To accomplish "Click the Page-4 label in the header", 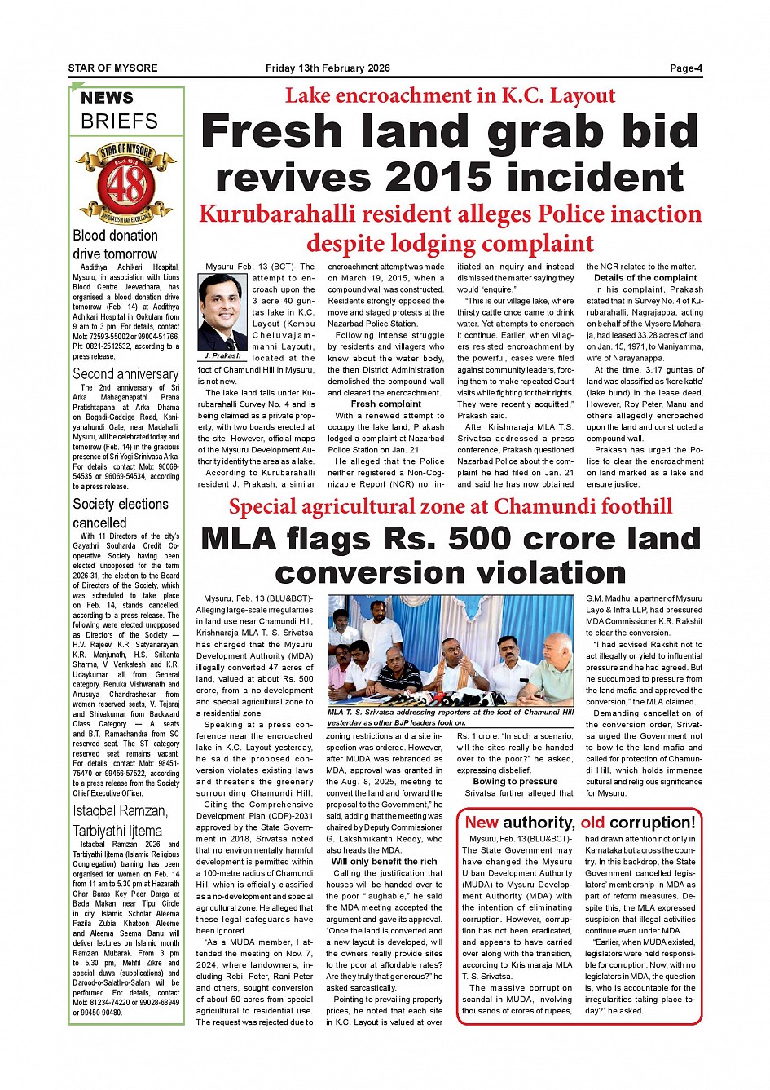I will click(685, 68).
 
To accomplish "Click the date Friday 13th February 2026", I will click(328, 68).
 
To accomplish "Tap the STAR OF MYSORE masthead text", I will click(113, 68).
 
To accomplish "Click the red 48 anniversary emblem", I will click(126, 183).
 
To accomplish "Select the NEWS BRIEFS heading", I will click(119, 110).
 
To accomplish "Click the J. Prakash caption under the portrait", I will click(222, 356).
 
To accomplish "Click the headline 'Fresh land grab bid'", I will click(450, 131).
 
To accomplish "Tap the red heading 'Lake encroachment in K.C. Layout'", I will click(450, 95).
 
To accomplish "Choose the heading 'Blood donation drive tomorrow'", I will click(116, 245).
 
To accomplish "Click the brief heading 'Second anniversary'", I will click(125, 374).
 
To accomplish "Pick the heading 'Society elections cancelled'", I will click(121, 513).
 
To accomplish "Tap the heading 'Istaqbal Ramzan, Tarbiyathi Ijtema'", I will click(121, 821).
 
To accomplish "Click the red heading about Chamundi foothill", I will click(450, 506).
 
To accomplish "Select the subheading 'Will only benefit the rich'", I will click(384, 861).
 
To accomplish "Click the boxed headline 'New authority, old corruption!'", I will click(580, 823).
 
